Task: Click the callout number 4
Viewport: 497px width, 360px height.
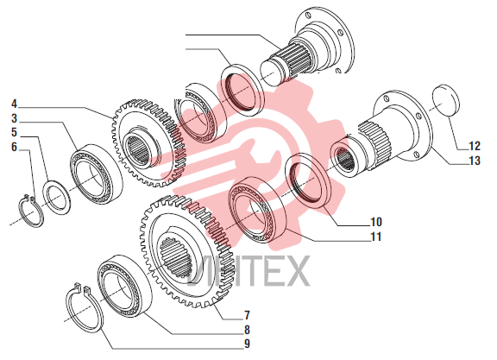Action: click(x=14, y=104)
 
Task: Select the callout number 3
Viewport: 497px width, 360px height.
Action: click(x=14, y=118)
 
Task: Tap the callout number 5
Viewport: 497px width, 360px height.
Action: click(x=14, y=132)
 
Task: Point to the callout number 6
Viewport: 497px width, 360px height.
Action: click(x=14, y=147)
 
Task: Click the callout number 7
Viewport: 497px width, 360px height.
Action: click(x=247, y=315)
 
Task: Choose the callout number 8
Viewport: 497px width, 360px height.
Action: click(x=247, y=330)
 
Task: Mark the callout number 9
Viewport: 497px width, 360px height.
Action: click(x=247, y=344)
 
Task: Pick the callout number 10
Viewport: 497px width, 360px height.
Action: click(x=376, y=222)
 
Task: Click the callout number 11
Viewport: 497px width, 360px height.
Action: click(x=376, y=237)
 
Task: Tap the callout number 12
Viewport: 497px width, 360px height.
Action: click(x=475, y=146)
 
